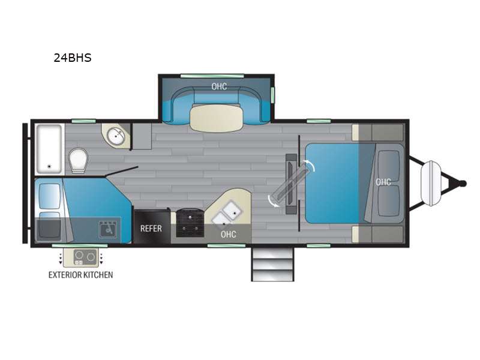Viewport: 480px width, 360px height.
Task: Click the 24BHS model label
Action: coord(73,58)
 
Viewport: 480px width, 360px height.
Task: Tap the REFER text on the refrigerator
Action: coord(151,229)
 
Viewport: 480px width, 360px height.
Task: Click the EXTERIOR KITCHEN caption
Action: coord(81,275)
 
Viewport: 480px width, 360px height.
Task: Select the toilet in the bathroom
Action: coord(79,160)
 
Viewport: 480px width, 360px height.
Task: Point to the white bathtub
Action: coord(49,149)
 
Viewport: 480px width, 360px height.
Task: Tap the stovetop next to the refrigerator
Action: coord(190,222)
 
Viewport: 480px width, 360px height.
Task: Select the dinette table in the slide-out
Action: coord(217,118)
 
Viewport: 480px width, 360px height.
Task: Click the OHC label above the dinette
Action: coord(219,86)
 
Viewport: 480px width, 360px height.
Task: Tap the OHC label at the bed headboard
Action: coord(383,182)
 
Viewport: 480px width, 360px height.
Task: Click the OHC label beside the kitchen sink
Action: coord(229,235)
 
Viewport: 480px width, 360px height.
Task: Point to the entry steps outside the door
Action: coord(272,265)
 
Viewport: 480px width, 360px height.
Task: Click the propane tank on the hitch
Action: coord(431,184)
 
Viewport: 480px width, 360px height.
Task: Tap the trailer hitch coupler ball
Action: coord(463,184)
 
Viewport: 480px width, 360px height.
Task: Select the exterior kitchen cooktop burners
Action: coord(85,257)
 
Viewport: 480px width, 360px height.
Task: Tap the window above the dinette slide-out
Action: coord(212,76)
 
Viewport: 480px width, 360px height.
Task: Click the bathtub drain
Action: coord(49,167)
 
